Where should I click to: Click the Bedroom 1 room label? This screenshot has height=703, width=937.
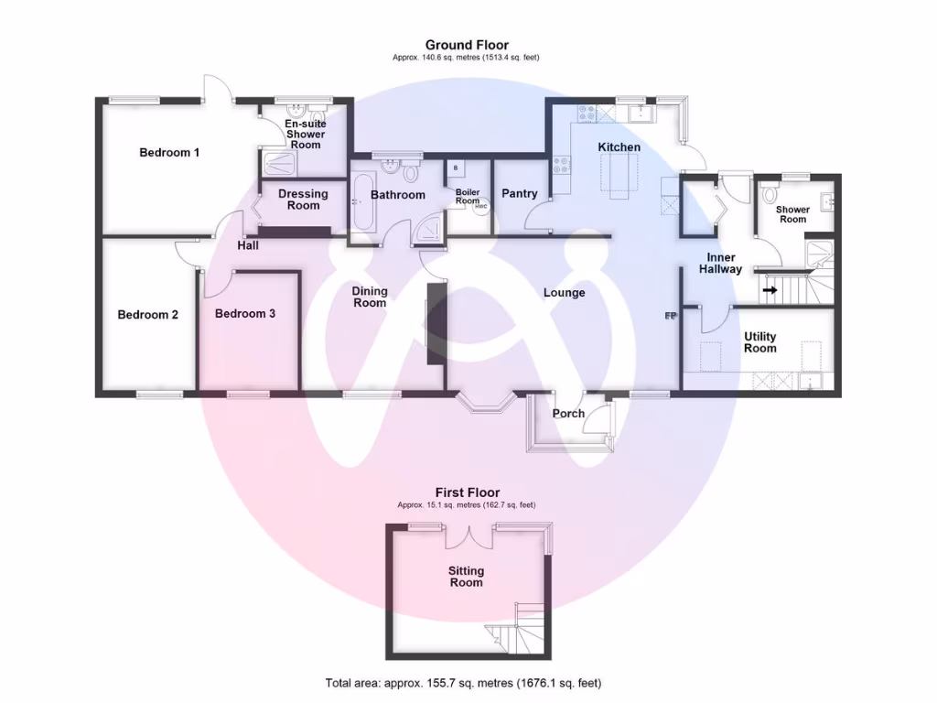(x=169, y=153)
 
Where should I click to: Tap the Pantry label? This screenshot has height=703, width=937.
(x=518, y=194)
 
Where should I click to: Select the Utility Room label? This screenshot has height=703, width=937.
(x=759, y=342)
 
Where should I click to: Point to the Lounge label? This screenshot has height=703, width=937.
(x=564, y=293)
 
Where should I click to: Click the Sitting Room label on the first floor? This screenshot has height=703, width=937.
(x=466, y=577)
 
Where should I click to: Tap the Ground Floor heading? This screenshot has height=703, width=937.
(x=467, y=45)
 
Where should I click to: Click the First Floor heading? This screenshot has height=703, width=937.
(x=467, y=492)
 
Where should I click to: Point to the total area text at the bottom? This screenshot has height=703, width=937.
(x=463, y=683)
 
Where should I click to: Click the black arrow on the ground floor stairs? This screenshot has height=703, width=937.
(x=770, y=291)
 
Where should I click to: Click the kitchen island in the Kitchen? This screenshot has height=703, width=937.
(x=619, y=174)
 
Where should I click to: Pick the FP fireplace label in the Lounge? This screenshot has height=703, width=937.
(x=671, y=317)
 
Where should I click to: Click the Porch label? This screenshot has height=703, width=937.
(x=568, y=414)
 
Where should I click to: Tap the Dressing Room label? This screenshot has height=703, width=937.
(x=303, y=200)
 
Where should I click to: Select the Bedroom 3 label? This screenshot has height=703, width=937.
(x=245, y=314)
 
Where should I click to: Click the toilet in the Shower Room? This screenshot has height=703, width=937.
(x=769, y=194)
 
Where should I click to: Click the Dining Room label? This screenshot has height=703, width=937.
(x=370, y=297)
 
